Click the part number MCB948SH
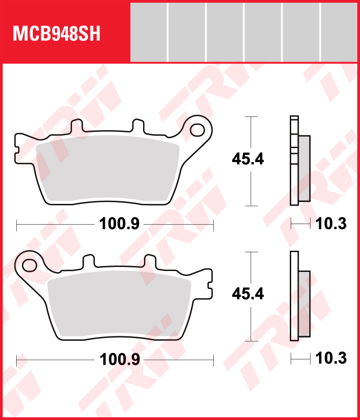tap(57, 33)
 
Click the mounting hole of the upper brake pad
tap(197, 130)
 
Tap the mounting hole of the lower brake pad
tap(31, 264)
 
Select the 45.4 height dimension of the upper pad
tap(247, 159)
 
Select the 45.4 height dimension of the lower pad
tap(247, 294)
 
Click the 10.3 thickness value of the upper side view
tap(331, 224)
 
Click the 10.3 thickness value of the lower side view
tap(331, 359)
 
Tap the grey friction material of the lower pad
tap(119, 306)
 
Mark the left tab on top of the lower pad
tap(90, 261)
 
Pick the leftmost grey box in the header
tap(148, 32)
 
